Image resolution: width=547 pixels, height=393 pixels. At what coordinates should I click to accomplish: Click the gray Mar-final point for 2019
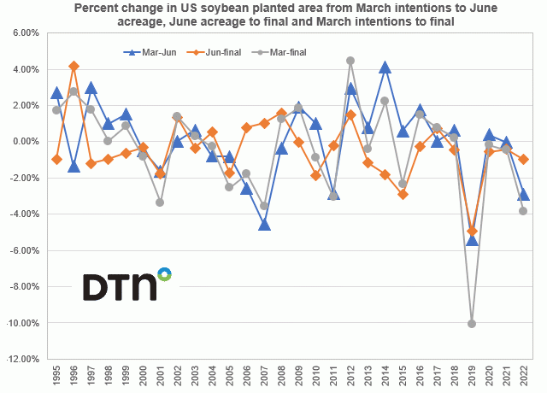tap(472, 323)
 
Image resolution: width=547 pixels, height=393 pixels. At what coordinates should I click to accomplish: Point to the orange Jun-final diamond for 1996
tap(74, 65)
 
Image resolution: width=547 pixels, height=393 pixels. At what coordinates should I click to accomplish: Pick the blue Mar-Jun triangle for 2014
tap(385, 67)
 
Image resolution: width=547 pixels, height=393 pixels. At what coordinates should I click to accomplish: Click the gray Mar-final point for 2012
tap(350, 61)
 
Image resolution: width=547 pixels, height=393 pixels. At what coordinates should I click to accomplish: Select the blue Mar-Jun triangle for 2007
tap(264, 225)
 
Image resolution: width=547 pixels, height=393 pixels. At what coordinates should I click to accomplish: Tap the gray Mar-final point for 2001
tap(160, 202)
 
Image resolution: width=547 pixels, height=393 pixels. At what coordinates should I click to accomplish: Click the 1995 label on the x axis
tap(56, 377)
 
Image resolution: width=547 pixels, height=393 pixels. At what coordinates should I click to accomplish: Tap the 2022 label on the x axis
tap(524, 377)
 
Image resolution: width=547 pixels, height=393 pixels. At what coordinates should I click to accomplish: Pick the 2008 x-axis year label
tap(281, 377)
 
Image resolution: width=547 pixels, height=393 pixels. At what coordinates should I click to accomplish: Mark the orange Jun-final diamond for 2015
tap(403, 194)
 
